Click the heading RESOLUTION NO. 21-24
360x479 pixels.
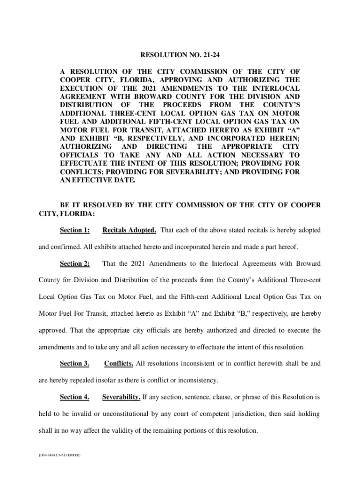(x=180, y=56)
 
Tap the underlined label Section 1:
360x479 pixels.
(x=75, y=230)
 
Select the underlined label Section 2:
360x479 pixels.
(x=75, y=263)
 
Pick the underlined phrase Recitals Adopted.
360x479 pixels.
(x=129, y=230)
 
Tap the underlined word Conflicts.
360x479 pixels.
(x=119, y=363)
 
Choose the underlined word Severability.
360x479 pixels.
(x=121, y=397)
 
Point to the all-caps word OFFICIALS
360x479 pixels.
(x=78, y=155)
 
